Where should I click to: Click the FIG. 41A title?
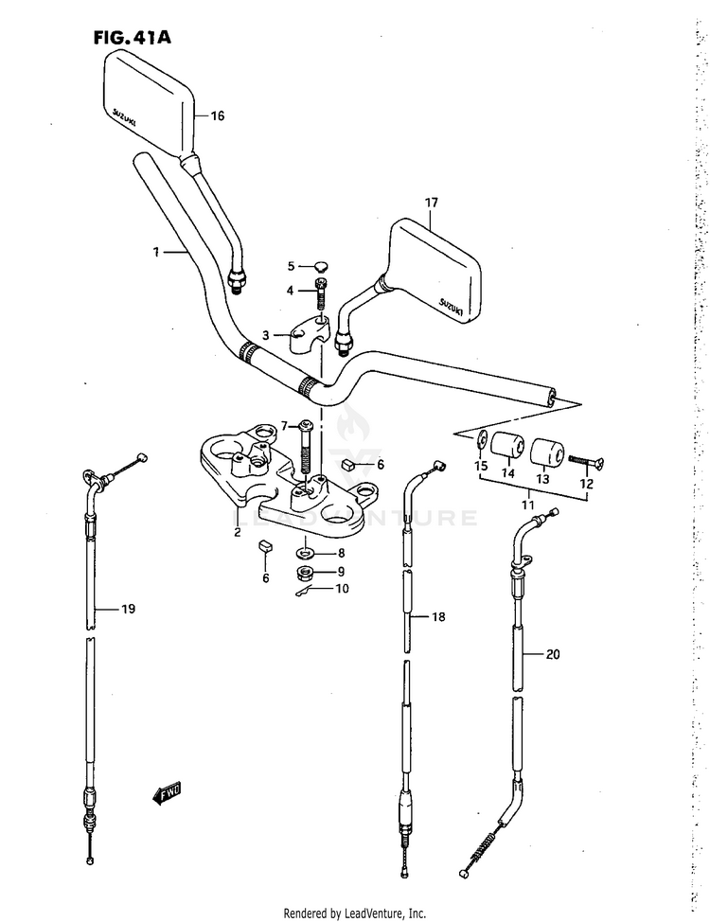click(132, 39)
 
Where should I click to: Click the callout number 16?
click(218, 116)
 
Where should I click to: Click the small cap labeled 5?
click(320, 265)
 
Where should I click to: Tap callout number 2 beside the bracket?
click(238, 532)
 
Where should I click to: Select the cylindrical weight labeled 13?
click(544, 452)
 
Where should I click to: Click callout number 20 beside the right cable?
click(553, 653)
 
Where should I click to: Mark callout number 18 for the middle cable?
click(437, 617)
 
